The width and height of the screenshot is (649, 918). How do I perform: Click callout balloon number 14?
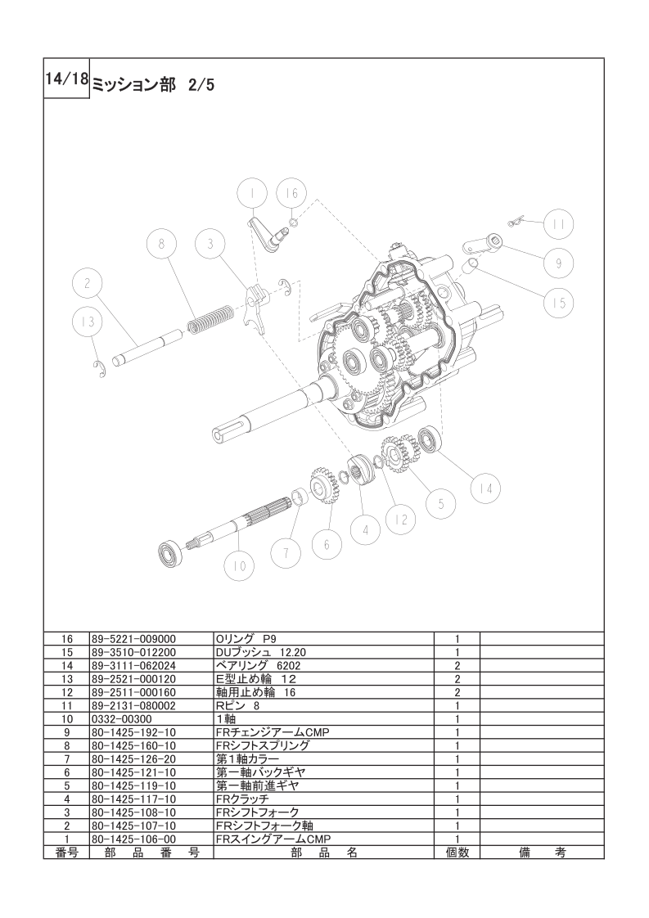(486, 487)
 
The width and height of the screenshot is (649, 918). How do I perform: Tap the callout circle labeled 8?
(162, 244)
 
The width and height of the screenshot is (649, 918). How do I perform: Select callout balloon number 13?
(88, 322)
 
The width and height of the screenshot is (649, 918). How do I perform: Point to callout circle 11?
(558, 224)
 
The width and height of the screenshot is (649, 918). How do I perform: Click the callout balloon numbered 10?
(240, 565)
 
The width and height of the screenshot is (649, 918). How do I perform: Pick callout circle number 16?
(291, 193)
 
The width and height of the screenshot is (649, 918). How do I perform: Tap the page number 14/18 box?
(66, 80)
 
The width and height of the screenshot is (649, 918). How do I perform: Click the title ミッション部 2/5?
(154, 85)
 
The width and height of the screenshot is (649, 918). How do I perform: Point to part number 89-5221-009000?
(133, 639)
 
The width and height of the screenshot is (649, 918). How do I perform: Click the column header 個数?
(457, 853)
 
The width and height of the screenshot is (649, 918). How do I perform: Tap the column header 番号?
(67, 853)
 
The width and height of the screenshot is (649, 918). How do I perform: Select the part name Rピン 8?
(238, 705)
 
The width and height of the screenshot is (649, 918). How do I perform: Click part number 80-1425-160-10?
(133, 746)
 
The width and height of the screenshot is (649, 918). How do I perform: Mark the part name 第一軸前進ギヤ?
(258, 785)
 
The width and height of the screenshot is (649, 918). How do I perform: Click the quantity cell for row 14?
(457, 666)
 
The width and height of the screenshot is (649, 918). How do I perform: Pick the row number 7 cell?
(67, 759)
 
